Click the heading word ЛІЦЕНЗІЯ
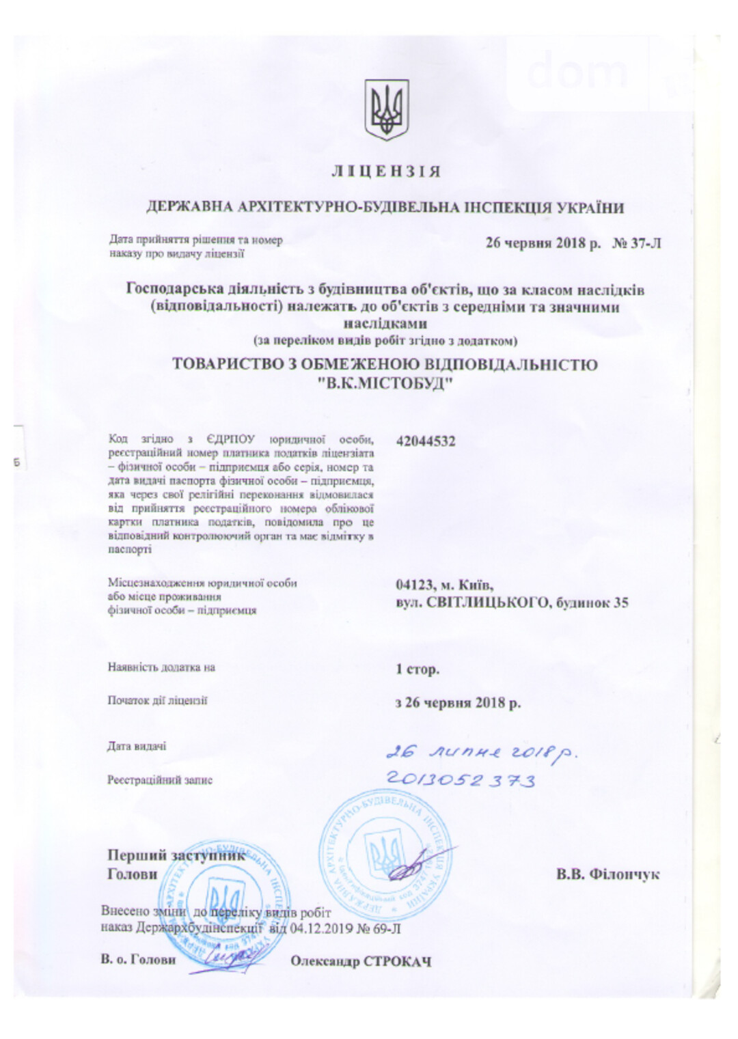[386, 171]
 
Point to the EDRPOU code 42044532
[425, 441]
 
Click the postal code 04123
[414, 585]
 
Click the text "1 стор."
[417, 669]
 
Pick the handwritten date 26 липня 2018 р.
[482, 753]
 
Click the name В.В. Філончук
[607, 874]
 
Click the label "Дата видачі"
[137, 746]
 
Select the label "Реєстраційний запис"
[160, 779]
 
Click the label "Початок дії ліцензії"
[157, 700]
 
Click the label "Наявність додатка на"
[161, 667]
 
